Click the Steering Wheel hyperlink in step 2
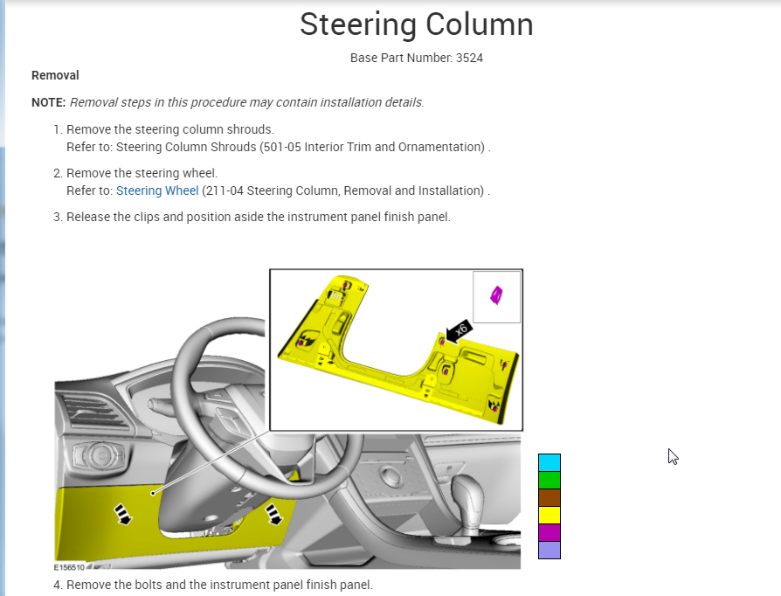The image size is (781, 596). coord(157,191)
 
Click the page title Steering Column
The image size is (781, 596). coord(416,24)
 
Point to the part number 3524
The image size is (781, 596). coord(469,58)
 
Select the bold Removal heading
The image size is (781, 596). coord(55,76)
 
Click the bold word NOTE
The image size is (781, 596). coord(48,102)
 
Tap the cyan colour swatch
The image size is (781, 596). coord(549,462)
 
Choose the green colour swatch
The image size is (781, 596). coord(549,480)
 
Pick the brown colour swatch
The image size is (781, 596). coord(549,497)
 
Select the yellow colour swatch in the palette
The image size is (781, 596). coord(549,515)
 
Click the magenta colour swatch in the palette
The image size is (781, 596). coord(549,532)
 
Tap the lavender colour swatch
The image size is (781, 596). coord(549,550)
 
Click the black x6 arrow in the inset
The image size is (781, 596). coord(459,330)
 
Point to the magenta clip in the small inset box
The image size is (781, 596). coord(496,296)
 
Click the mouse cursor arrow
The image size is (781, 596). coord(673,456)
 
